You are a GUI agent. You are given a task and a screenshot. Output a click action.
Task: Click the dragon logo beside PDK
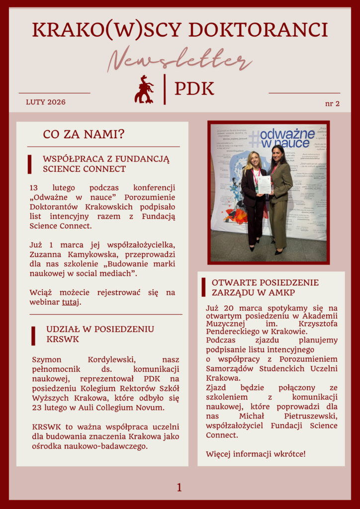tap(144, 89)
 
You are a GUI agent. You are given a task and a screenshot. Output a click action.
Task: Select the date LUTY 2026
tap(46, 102)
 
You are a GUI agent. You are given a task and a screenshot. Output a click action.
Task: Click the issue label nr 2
tap(332, 103)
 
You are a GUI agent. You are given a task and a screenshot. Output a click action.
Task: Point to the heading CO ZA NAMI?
tap(84, 134)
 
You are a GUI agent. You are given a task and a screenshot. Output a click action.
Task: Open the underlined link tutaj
tap(70, 302)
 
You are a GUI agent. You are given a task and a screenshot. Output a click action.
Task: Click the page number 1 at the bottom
tap(179, 488)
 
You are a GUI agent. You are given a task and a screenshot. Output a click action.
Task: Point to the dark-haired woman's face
tap(277, 154)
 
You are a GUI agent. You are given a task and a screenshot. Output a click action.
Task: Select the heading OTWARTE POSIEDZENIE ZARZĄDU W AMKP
tap(265, 287)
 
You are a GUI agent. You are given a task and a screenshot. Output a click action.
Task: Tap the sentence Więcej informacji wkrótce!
tap(256, 454)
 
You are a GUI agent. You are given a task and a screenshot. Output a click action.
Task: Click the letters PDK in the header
tap(194, 89)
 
